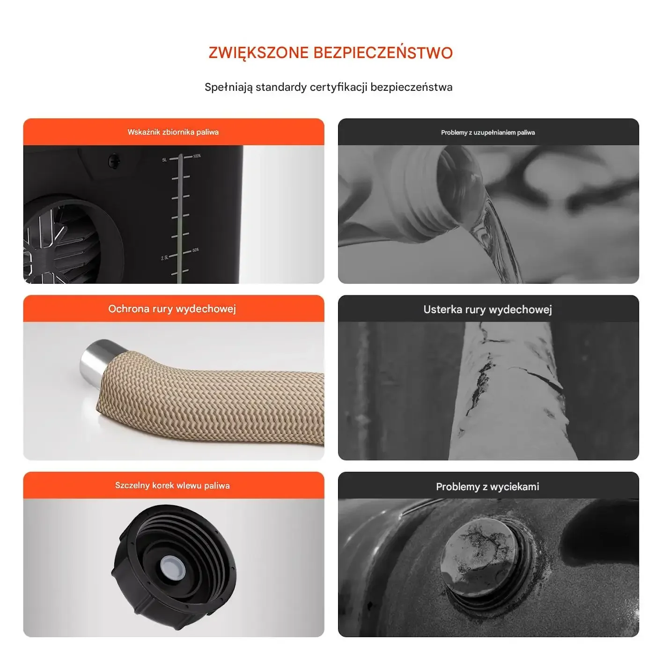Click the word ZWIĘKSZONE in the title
258,53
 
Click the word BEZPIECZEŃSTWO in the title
383,52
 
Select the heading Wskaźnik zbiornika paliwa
173,132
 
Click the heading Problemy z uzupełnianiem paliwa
488,132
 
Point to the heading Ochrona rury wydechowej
172,309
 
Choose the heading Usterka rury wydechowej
487,309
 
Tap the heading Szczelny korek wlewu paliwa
172,485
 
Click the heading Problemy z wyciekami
487,486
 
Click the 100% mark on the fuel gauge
197,156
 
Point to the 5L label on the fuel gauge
164,160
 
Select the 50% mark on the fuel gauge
196,250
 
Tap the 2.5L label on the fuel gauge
165,257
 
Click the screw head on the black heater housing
114,161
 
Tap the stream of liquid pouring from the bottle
495,241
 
